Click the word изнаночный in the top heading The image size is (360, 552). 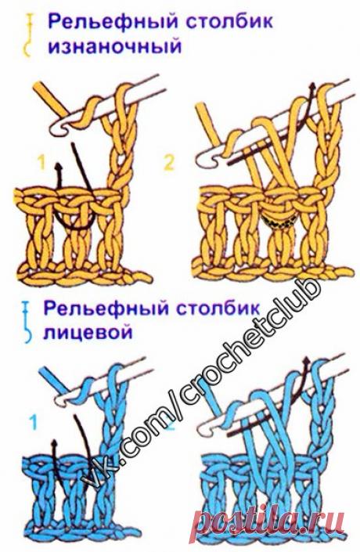click(114, 46)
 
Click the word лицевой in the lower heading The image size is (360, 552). click(88, 331)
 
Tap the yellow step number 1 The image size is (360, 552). click(41, 162)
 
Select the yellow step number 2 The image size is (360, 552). click(189, 162)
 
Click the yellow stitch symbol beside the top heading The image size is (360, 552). click(28, 38)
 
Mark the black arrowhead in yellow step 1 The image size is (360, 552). click(57, 165)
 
